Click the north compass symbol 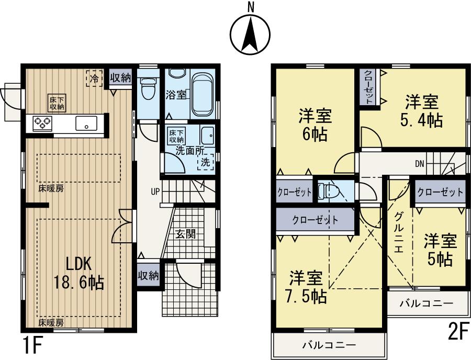(x=251, y=32)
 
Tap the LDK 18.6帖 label (x=78, y=274)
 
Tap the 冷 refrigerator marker (x=94, y=79)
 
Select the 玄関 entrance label (x=186, y=234)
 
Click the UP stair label (x=155, y=192)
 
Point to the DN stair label (x=420, y=164)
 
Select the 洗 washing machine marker (x=206, y=163)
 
